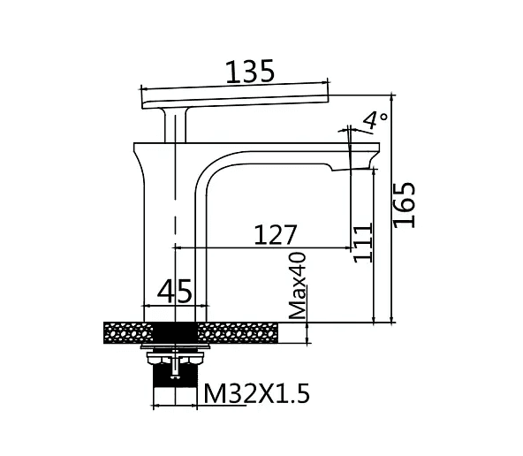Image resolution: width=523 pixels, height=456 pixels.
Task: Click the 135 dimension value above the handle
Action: (x=250, y=71)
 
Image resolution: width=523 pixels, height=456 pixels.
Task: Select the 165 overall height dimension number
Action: (x=405, y=205)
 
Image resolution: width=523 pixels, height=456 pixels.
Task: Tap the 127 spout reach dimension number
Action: (x=275, y=234)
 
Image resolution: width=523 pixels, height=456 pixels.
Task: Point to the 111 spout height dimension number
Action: (x=362, y=242)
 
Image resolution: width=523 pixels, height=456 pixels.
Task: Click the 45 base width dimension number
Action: (x=174, y=291)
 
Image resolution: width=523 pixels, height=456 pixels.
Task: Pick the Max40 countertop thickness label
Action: (x=297, y=285)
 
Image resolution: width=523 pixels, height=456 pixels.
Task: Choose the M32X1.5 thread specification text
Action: (x=256, y=393)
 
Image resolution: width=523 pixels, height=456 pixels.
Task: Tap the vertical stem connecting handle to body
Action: (x=176, y=125)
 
